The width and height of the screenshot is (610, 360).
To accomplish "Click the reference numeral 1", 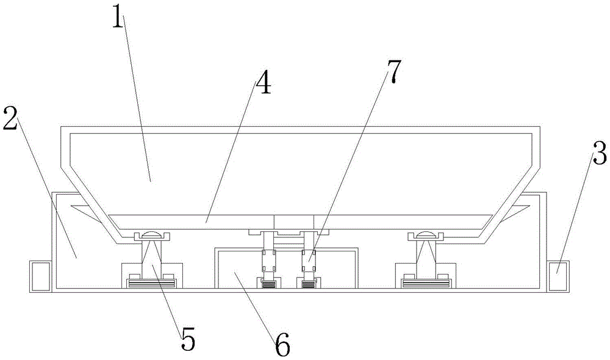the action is [118, 16].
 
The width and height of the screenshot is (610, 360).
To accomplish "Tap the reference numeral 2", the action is [10, 119].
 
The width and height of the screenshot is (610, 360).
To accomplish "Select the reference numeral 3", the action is [599, 153].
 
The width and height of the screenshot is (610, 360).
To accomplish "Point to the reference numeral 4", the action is [264, 82].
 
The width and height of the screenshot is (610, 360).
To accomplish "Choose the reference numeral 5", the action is [187, 339].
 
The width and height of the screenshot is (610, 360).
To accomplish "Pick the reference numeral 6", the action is [282, 344].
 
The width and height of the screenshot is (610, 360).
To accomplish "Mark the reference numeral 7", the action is [393, 71].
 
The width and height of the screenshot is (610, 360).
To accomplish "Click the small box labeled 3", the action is [558, 276].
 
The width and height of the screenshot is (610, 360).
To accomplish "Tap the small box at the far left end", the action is [40, 276].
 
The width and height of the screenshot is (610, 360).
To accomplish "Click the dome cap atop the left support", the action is [152, 234].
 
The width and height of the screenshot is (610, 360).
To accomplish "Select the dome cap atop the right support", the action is [426, 234].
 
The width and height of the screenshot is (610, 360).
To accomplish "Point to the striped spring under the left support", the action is [150, 284].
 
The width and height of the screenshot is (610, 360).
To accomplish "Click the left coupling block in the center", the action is [269, 261].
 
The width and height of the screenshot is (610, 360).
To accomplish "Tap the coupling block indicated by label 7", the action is [308, 261].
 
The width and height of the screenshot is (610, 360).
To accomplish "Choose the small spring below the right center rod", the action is [308, 285].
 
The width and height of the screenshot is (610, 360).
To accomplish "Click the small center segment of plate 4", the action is [294, 222].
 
